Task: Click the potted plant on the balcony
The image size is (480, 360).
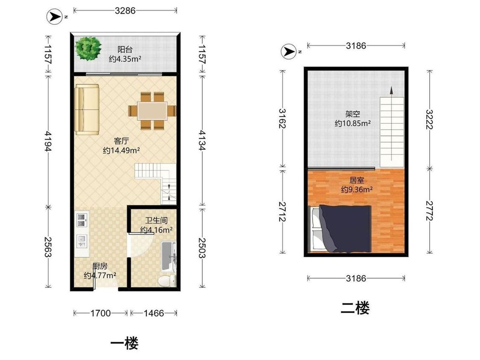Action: coord(88,48)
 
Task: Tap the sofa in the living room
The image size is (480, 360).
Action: coord(87,110)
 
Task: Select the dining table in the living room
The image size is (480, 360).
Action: coord(152,110)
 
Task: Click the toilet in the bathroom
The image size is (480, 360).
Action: coord(167,280)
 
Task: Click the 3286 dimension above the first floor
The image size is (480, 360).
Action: coord(125,11)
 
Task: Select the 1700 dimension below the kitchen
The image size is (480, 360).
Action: coord(100,313)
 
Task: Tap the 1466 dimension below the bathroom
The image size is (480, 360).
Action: coord(154,313)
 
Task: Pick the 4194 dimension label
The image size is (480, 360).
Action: coord(48,141)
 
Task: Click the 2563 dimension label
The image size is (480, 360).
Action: coord(48,247)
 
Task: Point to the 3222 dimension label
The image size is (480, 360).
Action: coord(430,119)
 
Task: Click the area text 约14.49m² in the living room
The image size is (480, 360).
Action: coord(122,151)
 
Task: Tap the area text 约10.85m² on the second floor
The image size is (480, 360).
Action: coord(353,123)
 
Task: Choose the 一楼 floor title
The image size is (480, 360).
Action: coord(124,343)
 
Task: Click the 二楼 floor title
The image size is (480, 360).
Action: coord(355,308)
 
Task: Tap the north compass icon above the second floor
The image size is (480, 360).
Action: coord(289,52)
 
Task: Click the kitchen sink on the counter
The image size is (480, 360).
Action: coord(81,220)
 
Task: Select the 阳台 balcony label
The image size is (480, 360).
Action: coord(125,49)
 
